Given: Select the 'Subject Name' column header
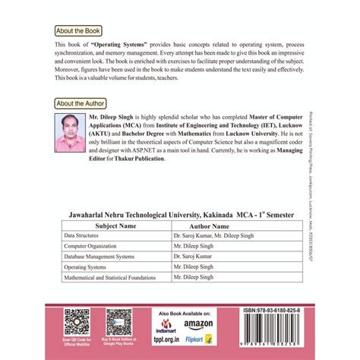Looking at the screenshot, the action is pos(115,226).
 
